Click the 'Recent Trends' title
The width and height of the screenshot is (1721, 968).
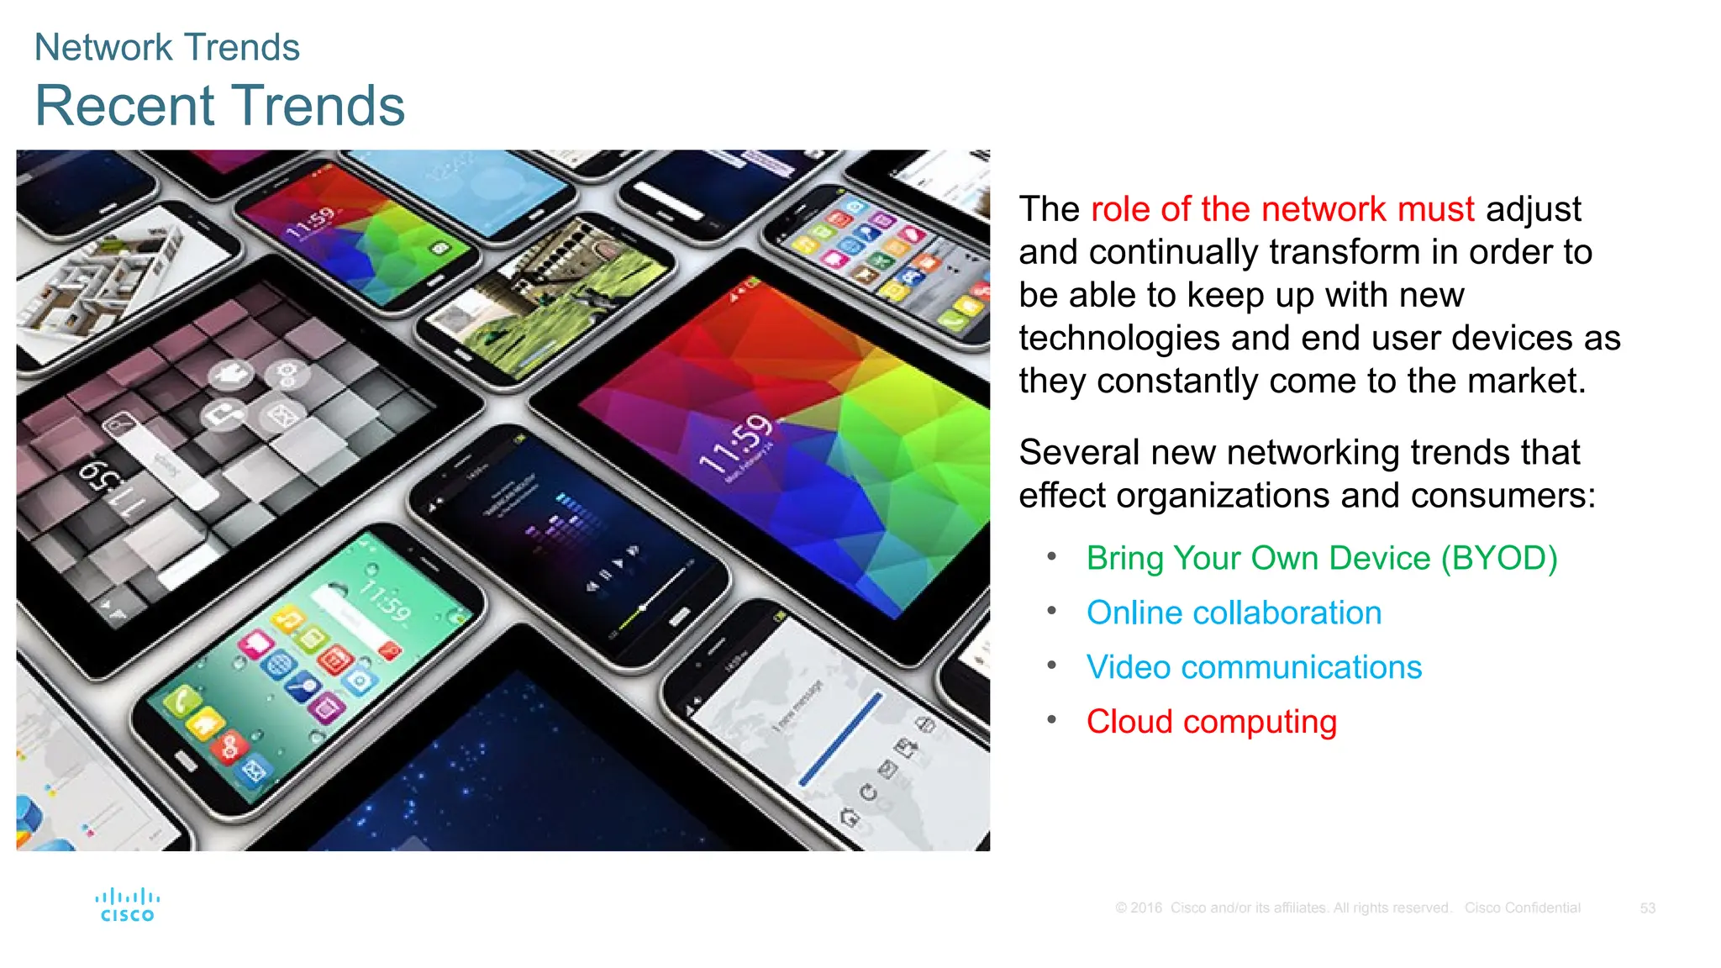click(219, 106)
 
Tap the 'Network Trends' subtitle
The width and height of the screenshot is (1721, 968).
click(166, 47)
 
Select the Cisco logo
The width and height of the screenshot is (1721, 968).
click(127, 905)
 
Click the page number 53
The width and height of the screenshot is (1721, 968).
click(1647, 908)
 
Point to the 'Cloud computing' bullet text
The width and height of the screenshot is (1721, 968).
click(1211, 722)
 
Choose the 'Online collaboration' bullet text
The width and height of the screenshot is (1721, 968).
click(1234, 613)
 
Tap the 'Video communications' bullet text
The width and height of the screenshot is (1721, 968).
click(1254, 667)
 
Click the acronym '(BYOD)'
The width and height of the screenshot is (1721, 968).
click(1499, 558)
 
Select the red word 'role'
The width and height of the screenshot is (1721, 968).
click(1121, 209)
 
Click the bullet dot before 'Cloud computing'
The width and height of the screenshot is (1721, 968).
click(1051, 719)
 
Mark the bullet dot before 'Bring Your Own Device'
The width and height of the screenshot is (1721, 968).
click(1051, 555)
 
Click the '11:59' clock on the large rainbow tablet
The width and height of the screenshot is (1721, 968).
click(736, 444)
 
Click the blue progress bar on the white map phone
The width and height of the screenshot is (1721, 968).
click(840, 739)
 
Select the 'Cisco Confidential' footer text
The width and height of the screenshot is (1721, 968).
click(1522, 908)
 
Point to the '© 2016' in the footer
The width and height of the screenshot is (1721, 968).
click(1139, 908)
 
